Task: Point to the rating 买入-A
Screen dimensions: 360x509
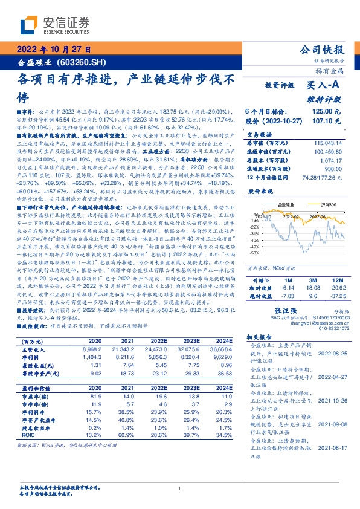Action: click(324, 86)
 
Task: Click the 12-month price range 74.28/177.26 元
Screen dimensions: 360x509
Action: click(318, 177)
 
